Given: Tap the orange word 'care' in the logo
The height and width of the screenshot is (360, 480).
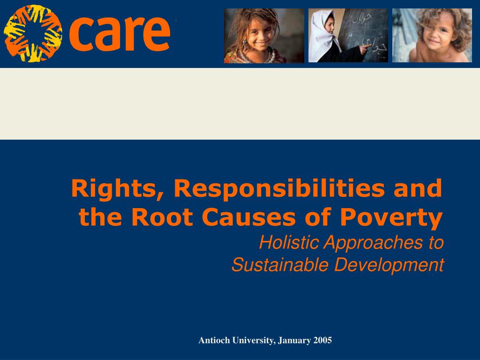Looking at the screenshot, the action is pyautogui.click(x=120, y=33).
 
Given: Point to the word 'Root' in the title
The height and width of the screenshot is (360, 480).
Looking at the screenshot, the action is pyautogui.click(x=162, y=217).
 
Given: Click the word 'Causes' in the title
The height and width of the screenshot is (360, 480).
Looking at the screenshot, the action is pyautogui.click(x=248, y=217).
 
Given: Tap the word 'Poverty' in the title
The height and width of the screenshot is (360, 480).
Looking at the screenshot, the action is pyautogui.click(x=391, y=218).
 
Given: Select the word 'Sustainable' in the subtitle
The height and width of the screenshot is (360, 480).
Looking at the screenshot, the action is pyautogui.click(x=280, y=264).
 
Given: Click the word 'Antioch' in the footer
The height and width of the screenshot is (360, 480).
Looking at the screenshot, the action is pyautogui.click(x=214, y=340).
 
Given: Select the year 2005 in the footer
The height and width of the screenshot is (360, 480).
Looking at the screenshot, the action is pyautogui.click(x=322, y=340).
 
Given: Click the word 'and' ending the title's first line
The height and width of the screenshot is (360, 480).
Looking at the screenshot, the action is pyautogui.click(x=418, y=189).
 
